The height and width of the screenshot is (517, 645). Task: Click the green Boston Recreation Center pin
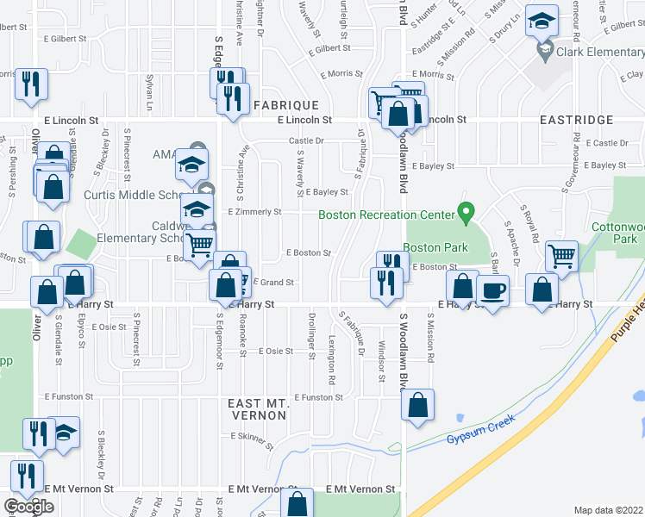point(467,210)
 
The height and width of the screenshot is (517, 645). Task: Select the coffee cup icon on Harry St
point(492,290)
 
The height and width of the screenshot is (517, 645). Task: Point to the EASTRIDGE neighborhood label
point(576,120)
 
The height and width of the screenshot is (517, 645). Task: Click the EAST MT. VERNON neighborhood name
point(256,409)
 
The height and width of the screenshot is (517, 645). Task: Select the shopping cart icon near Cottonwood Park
point(561,255)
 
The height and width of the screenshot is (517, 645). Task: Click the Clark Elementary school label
point(601,51)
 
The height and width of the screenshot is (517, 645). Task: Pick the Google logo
point(28,507)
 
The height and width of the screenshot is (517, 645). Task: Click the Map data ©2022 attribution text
point(608,510)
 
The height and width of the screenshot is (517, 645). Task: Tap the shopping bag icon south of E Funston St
point(417,406)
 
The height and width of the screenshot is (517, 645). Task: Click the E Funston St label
point(317,397)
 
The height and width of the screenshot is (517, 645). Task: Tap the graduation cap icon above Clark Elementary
point(542,22)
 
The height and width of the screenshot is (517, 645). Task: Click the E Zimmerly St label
point(254,211)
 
